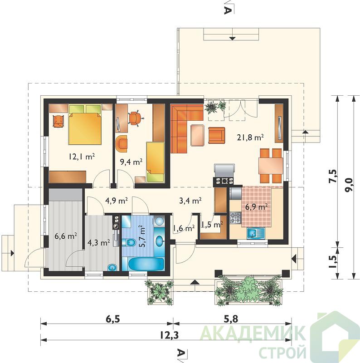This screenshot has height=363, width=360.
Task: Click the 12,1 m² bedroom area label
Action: [x=82, y=157]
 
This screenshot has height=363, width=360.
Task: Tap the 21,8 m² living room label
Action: [x=251, y=137]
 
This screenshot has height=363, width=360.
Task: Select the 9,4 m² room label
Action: [x=131, y=162]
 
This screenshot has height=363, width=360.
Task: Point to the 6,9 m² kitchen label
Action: [x=256, y=207]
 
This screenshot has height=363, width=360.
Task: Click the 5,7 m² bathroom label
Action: [x=143, y=236]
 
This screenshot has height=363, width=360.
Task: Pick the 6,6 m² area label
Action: [x=66, y=236]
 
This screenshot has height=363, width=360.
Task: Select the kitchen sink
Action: [x=256, y=233]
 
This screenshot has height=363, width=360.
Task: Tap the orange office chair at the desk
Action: [x=135, y=118]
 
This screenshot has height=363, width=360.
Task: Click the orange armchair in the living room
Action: [x=217, y=135]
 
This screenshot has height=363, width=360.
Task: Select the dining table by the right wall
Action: [x=271, y=166]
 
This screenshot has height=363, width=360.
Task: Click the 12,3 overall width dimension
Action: [x=170, y=335]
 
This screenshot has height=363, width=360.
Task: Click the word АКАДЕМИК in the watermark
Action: [x=252, y=334]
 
